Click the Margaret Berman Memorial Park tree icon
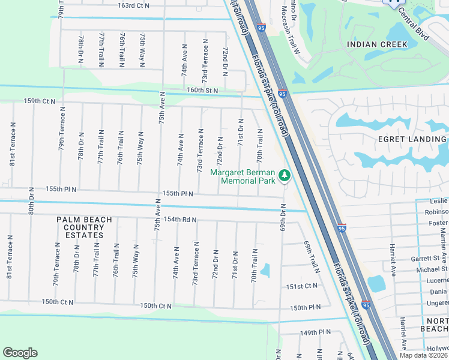tap(284, 176)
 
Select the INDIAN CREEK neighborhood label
tap(377, 44)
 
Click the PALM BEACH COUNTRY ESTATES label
tap(84, 227)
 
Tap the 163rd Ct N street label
tap(133, 5)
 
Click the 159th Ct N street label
tap(40, 101)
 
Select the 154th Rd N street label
tap(181, 220)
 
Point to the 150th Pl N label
tap(305, 307)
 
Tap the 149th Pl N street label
tap(316, 332)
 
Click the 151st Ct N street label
tap(302, 287)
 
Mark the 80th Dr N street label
tap(31, 200)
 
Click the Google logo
tap(20, 353)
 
